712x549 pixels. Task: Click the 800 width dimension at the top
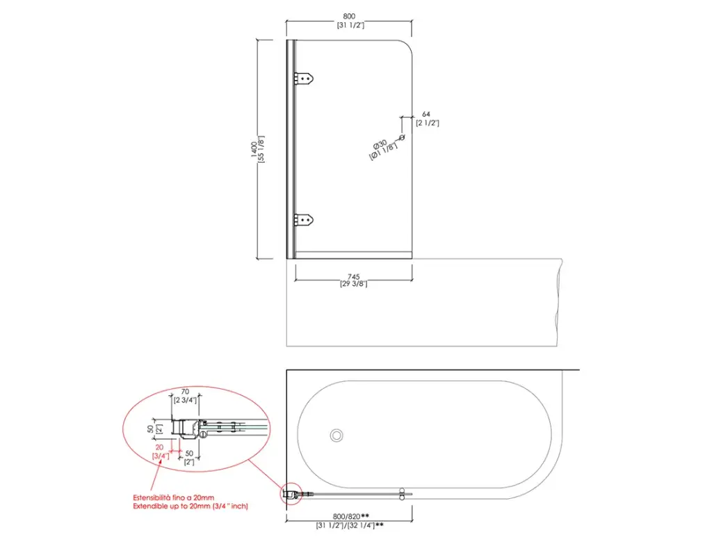[x=349, y=17]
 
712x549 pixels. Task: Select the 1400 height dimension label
[x=254, y=150]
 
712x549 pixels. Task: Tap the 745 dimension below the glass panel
[x=354, y=276]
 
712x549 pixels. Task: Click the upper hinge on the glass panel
[x=304, y=79]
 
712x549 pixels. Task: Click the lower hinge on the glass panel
[x=304, y=221]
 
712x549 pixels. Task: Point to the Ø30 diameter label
[x=380, y=145]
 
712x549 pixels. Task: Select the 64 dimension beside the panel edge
[x=426, y=114]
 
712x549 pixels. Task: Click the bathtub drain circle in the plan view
[x=337, y=436]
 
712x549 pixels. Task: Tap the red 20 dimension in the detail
[x=159, y=447]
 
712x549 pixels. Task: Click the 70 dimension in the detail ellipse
[x=185, y=392]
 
